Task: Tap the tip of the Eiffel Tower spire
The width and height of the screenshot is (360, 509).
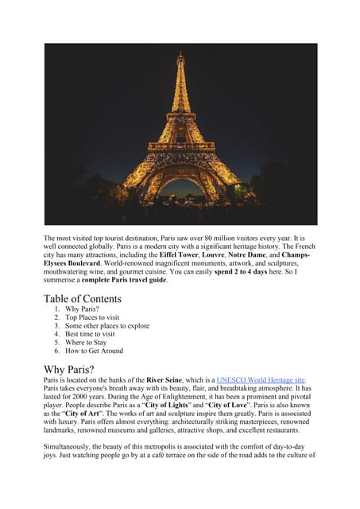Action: [180, 53]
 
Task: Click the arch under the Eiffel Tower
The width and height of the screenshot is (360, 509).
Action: [180, 188]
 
